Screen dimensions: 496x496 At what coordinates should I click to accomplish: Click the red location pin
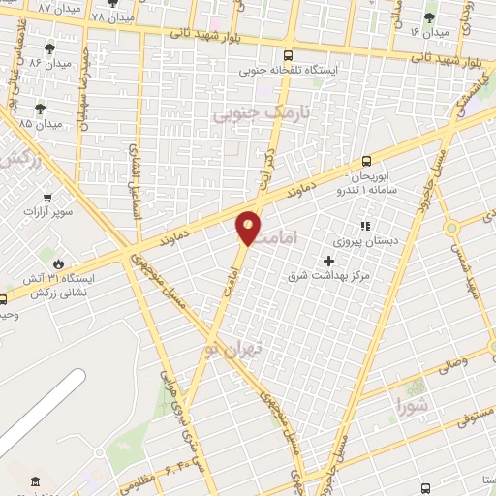point(249,227)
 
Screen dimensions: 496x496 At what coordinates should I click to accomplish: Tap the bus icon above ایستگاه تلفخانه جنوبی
point(286,55)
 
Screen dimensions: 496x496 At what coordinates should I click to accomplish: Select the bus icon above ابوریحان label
point(366,161)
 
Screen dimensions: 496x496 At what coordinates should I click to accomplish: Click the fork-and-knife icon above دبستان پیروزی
point(365,226)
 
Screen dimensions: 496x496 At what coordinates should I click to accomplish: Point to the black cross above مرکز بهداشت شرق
point(329,260)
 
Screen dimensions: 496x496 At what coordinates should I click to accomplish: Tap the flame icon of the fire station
point(59,263)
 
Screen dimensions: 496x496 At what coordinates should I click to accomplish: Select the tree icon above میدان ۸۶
point(48,48)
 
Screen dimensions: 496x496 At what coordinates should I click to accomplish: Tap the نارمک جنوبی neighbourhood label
point(249,114)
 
